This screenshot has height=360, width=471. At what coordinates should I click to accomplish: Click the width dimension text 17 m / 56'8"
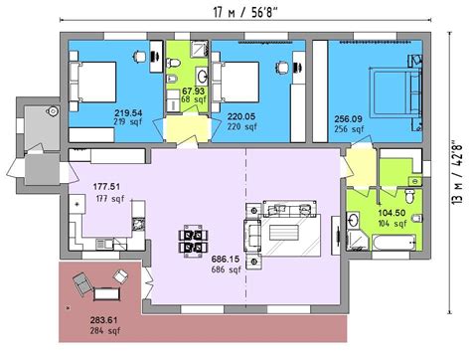click(244, 13)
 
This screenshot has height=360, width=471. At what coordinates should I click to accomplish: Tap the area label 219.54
click(128, 113)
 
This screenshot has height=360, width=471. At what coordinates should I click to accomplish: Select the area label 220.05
click(241, 116)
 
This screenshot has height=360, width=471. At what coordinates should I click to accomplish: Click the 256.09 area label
click(348, 119)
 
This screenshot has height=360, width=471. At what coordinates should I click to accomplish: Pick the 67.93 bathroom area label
click(194, 90)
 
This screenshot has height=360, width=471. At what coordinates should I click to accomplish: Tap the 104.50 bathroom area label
click(392, 213)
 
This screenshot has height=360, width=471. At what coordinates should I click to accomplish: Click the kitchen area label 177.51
click(106, 187)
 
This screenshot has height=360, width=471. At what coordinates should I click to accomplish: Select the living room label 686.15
click(226, 260)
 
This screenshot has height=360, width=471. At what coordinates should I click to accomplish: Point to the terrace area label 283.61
click(103, 320)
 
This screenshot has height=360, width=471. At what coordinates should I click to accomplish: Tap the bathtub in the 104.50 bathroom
click(393, 243)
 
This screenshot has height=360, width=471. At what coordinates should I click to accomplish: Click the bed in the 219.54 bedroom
click(92, 82)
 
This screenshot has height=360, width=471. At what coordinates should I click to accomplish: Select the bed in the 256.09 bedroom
click(395, 92)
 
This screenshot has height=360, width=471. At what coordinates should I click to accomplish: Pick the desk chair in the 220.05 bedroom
click(281, 68)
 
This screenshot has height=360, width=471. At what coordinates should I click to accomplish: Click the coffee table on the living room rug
click(284, 233)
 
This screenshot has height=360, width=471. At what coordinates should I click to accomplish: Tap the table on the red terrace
click(106, 294)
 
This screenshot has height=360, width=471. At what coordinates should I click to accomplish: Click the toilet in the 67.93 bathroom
click(173, 63)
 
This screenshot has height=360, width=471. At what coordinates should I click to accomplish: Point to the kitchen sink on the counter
click(104, 244)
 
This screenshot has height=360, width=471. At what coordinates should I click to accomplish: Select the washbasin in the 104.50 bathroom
click(353, 220)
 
